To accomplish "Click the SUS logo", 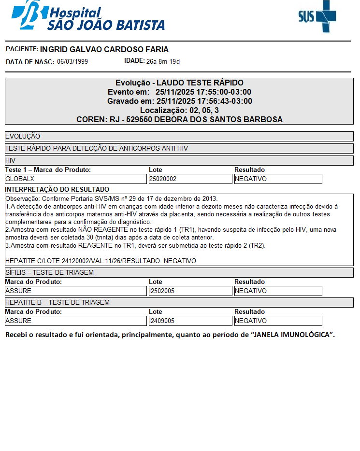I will click(x=317, y=16).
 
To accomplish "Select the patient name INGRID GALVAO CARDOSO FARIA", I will click(x=104, y=50).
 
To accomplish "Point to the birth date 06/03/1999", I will click(x=72, y=62).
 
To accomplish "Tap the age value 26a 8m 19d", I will click(x=163, y=62).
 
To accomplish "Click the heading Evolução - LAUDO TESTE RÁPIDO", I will click(x=179, y=83).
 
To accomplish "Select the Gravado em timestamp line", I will click(x=179, y=101).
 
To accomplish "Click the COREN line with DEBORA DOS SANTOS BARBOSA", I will click(x=179, y=119).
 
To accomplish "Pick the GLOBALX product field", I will click(x=75, y=179).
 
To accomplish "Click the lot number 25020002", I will click(x=190, y=179).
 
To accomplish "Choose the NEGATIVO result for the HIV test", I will click(x=278, y=179).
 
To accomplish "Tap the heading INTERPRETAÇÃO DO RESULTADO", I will click(x=57, y=189).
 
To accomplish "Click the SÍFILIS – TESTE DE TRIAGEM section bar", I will click(x=179, y=272).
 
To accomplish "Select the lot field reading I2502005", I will click(x=190, y=291).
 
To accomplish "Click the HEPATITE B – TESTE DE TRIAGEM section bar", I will click(x=179, y=302).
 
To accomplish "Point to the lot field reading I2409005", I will click(x=190, y=321).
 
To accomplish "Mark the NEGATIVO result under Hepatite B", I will click(x=278, y=321).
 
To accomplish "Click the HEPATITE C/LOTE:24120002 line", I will click(x=101, y=261).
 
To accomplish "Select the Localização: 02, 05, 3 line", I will click(x=179, y=111).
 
